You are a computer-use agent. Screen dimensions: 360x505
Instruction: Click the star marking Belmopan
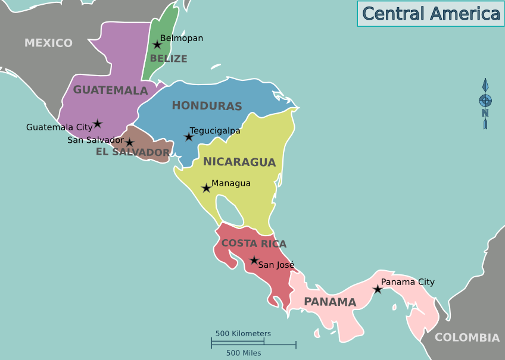point(157,45)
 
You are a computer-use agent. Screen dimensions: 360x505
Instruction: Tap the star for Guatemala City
point(97,124)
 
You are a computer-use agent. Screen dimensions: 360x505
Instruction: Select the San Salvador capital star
point(129,143)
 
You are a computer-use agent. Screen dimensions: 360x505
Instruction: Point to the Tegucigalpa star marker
point(189,137)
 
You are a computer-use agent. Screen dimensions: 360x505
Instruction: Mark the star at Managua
point(206,188)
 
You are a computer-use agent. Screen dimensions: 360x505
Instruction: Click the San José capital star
point(254,260)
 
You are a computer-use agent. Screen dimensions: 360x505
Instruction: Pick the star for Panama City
point(378,289)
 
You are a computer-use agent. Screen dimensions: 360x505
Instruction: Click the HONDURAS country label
point(207,106)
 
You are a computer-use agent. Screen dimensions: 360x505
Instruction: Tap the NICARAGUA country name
point(239,162)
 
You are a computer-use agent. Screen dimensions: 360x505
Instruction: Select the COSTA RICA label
point(254,243)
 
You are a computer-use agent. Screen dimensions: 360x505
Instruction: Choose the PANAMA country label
point(330,302)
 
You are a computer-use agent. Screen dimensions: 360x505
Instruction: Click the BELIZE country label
point(169,58)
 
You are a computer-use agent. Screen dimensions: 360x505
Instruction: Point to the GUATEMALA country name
point(110,90)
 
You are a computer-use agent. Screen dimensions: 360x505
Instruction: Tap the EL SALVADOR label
point(133,152)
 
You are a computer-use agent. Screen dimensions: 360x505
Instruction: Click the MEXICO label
point(48,43)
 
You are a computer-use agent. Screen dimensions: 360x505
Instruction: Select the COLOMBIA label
point(467,337)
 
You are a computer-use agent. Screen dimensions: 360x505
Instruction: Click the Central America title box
point(431,14)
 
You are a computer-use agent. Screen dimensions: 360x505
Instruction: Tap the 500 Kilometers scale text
point(243,334)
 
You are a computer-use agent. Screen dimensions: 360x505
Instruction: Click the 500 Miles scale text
point(244,353)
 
